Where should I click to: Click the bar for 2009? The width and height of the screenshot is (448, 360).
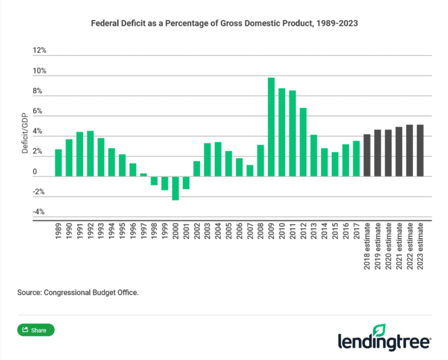tap(271, 127)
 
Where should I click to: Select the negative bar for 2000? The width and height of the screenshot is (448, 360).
tap(176, 188)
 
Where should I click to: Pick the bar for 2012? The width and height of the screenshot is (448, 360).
tap(303, 142)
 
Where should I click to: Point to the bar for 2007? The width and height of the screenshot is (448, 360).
tap(250, 171)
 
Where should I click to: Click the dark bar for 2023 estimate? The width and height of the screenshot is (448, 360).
tap(421, 151)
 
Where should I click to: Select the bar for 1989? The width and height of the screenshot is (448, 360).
tap(58, 163)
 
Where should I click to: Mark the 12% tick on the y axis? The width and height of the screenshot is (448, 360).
tap(40, 51)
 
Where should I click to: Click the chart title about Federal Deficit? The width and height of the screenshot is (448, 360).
tap(224, 25)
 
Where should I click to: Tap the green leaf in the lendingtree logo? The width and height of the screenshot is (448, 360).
tap(379, 330)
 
